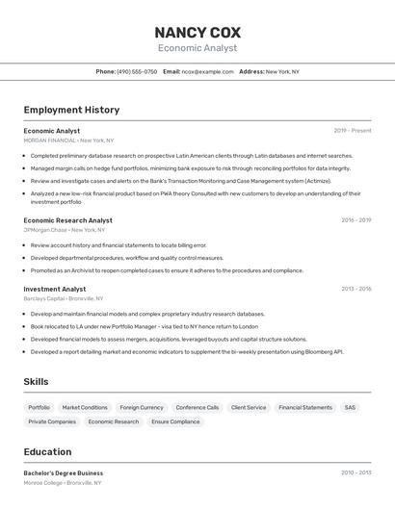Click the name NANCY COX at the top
(197, 32)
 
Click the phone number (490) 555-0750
(137, 71)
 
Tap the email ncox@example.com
(207, 71)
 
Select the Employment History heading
(71, 110)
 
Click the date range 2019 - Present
(352, 131)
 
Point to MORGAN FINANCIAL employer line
(68, 140)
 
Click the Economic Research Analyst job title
(67, 220)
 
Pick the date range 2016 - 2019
(355, 220)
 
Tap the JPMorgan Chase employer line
(65, 230)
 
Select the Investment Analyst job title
(55, 289)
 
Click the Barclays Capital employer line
(66, 298)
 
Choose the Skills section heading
(36, 382)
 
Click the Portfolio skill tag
(39, 407)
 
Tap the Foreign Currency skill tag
(142, 407)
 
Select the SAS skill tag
(350, 407)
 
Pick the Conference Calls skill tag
(197, 407)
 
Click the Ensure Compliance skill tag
(175, 421)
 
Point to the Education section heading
(47, 451)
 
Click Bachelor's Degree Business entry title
(63, 472)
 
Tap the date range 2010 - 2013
(355, 472)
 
